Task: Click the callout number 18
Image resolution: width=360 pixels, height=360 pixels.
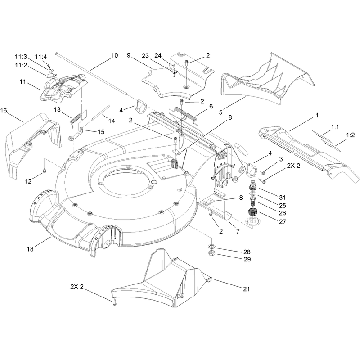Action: tap(30, 249)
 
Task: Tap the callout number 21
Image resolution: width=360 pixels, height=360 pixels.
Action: tap(246, 289)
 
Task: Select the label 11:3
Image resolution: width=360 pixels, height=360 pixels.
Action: tap(21, 57)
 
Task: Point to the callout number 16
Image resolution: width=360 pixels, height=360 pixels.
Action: tap(4, 111)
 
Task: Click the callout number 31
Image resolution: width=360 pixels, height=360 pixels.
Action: tap(283, 198)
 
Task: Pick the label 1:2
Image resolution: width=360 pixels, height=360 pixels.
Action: tap(351, 135)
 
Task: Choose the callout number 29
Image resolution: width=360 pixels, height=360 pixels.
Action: tap(247, 260)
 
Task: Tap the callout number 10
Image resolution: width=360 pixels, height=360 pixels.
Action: tap(115, 55)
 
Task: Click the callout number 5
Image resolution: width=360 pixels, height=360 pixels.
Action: tap(221, 112)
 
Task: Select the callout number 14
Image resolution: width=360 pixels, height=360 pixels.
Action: tap(112, 121)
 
